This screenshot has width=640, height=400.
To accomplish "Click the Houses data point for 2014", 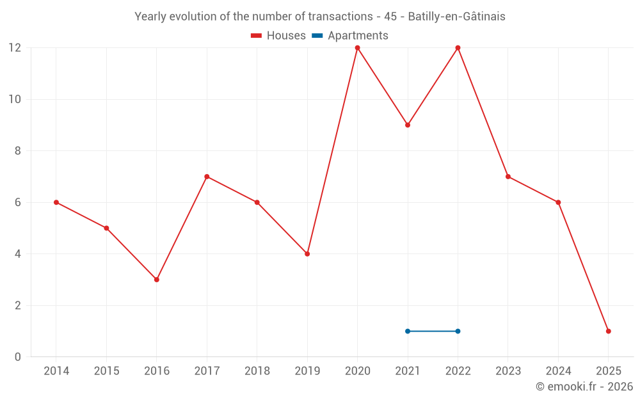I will (x=56, y=202).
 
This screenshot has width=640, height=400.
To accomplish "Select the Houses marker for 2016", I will (x=157, y=280).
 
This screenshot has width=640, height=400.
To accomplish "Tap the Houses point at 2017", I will (x=207, y=177).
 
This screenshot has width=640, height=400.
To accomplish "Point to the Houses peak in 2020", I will (x=357, y=48).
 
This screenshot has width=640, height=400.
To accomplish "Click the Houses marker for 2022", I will (x=458, y=48).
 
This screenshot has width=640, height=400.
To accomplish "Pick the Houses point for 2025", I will (x=608, y=331).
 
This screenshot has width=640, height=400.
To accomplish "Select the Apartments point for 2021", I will (x=408, y=331).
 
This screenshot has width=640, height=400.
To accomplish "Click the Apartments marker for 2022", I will (x=458, y=331).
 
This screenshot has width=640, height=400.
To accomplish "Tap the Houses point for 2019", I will (x=307, y=254).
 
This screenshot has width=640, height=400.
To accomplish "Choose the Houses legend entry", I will (x=278, y=36).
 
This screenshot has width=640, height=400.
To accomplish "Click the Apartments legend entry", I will (x=350, y=36).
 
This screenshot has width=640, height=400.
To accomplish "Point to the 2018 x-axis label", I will (x=257, y=371).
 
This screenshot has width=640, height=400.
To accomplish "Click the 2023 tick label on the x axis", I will (x=508, y=371).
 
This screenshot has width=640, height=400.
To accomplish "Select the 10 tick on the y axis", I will (x=15, y=99).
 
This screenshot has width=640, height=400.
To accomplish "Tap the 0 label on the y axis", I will (x=18, y=356).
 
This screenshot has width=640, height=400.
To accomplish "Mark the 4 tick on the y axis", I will (x=18, y=254).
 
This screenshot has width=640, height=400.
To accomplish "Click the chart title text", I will (x=320, y=17).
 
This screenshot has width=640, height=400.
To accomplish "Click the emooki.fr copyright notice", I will (x=584, y=387).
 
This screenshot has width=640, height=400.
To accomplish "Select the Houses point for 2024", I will (x=558, y=202).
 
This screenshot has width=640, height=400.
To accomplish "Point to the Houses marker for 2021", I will (x=408, y=125).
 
